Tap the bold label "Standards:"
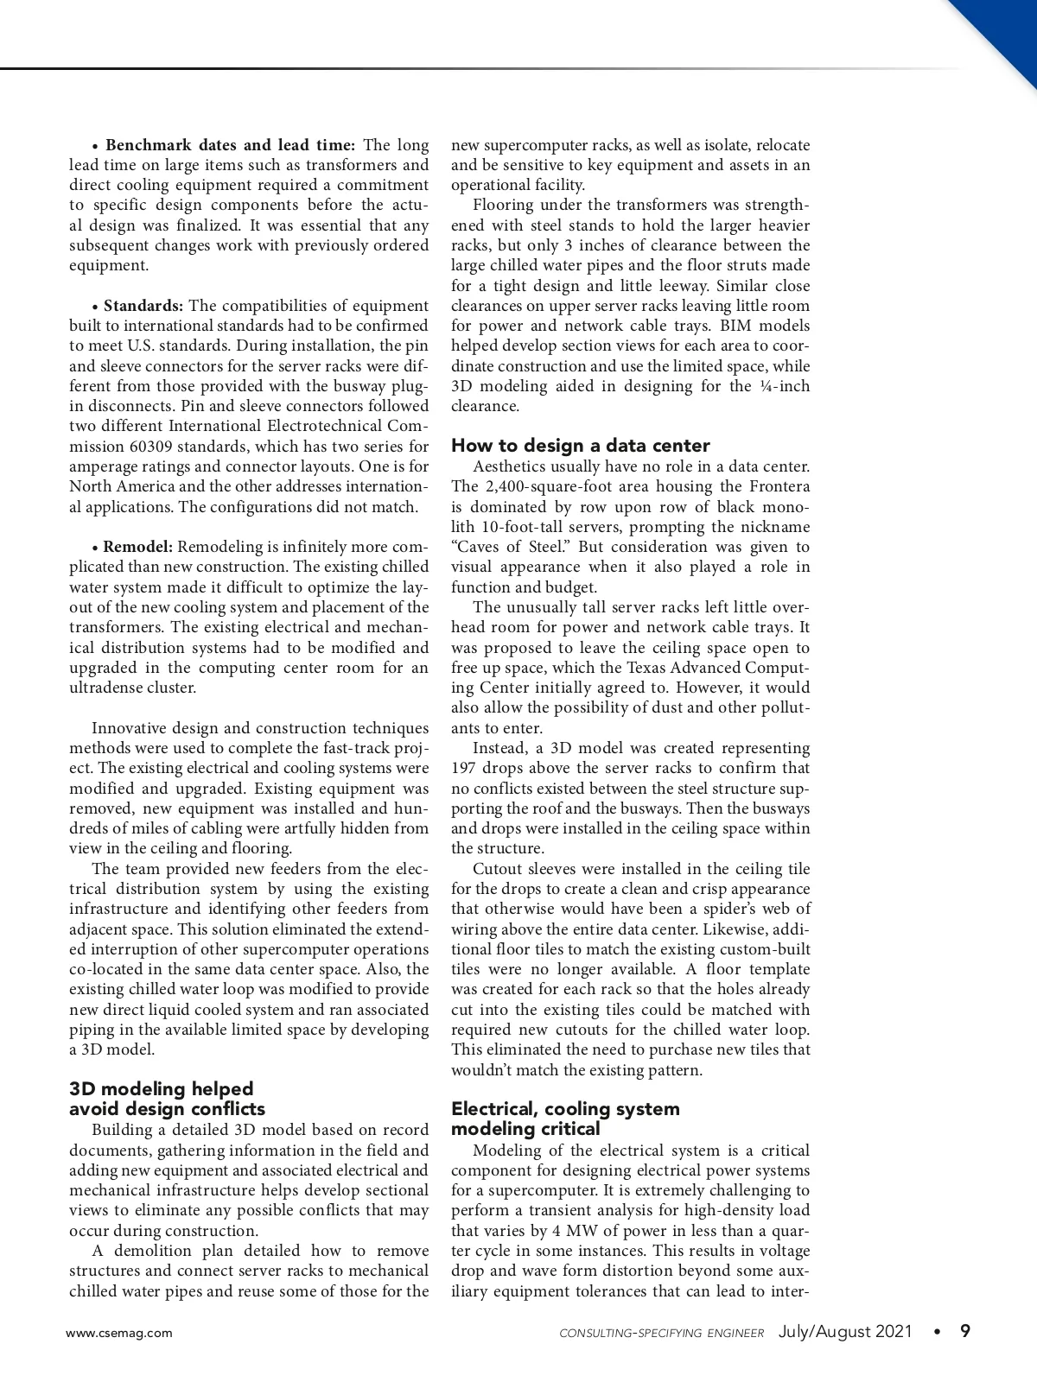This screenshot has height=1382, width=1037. tap(143, 306)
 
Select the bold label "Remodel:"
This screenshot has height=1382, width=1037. tap(138, 547)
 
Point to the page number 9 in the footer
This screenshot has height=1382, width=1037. tap(965, 1331)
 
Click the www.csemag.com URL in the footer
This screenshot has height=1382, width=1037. tap(119, 1333)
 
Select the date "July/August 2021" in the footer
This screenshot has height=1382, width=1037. tap(845, 1332)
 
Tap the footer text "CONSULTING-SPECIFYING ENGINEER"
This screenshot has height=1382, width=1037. tap(661, 1334)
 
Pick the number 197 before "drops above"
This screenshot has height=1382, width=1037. tap(465, 768)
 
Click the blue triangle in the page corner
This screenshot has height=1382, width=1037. tap(1007, 30)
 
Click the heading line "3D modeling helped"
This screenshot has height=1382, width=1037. tap(162, 1088)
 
